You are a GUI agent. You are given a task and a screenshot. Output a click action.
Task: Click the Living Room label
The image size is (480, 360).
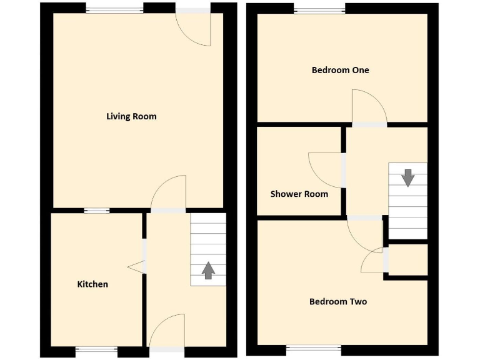(131, 116)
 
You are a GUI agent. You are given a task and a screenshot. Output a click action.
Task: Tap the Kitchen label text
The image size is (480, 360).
(92, 284)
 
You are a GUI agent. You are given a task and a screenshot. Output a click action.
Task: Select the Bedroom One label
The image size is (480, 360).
(340, 70)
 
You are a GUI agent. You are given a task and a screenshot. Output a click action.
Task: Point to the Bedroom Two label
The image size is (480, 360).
(338, 302)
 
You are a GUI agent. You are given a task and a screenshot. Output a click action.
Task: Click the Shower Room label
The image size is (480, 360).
(299, 194)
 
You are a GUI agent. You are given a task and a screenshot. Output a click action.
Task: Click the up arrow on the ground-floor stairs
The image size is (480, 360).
(208, 270)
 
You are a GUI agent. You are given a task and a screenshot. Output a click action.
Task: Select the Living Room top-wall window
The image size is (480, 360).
(114, 9)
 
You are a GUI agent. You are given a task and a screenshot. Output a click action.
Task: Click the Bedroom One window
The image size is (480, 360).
(319, 9)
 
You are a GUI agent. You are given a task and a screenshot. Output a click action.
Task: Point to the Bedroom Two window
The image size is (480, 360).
(314, 348)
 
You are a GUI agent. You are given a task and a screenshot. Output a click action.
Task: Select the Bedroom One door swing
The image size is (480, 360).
(368, 106)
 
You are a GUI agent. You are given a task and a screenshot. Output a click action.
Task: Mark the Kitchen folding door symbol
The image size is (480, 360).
(137, 267)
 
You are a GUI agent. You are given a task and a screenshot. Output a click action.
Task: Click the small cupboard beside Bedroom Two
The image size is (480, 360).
(408, 259)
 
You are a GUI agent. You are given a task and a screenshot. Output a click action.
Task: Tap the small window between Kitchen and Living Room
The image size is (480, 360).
(97, 211)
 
